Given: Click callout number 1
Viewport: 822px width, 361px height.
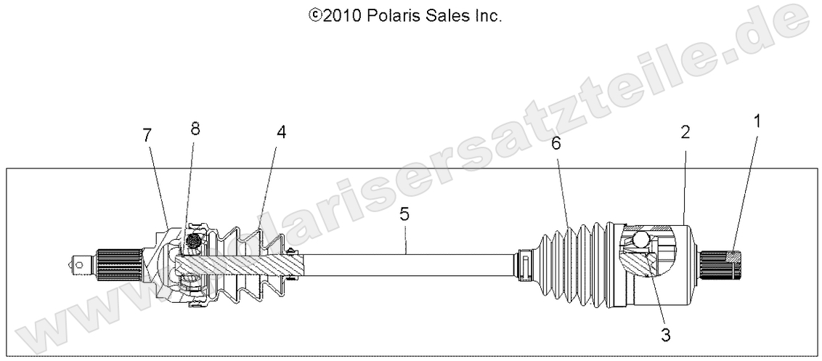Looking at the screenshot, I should [x=758, y=122].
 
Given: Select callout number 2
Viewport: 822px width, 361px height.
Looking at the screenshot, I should [x=685, y=132].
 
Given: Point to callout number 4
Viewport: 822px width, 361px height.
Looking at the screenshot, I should [x=280, y=132].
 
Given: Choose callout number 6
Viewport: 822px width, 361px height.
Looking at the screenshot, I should [x=556, y=144].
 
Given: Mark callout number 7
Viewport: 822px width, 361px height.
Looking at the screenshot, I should [x=147, y=134].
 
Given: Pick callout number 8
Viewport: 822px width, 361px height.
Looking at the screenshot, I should [x=195, y=129].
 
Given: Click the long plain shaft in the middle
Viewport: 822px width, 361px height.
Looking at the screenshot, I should [x=407, y=261].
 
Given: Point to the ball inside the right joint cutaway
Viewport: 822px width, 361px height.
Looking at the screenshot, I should [x=641, y=238].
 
